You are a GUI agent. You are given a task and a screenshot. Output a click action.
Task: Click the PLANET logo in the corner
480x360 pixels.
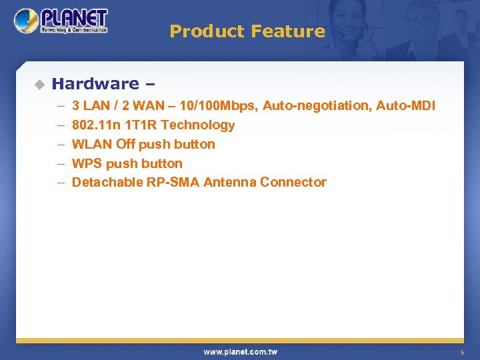pyautogui.click(x=61, y=21)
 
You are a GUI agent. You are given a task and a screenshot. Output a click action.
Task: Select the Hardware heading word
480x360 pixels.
pyautogui.click(x=95, y=84)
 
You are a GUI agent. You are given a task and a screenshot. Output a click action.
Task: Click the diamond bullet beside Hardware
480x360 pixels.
pyautogui.click(x=39, y=84)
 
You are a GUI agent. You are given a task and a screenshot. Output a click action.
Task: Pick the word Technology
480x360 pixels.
pyautogui.click(x=198, y=125)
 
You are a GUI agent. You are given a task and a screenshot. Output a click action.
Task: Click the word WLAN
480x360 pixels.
pyautogui.click(x=91, y=144)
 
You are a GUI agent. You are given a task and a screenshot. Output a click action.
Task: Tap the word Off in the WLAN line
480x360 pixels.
pyautogui.click(x=125, y=144)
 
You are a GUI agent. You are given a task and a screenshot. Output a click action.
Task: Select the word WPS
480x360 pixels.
pyautogui.click(x=87, y=163)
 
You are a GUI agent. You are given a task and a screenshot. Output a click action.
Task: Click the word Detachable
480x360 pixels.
pyautogui.click(x=107, y=183)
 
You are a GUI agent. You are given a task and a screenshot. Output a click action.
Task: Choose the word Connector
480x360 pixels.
pyautogui.click(x=293, y=183)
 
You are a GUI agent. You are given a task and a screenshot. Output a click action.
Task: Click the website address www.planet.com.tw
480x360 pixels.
pyautogui.click(x=240, y=351)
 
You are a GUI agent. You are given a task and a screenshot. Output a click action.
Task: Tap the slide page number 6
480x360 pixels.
pyautogui.click(x=461, y=352)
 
